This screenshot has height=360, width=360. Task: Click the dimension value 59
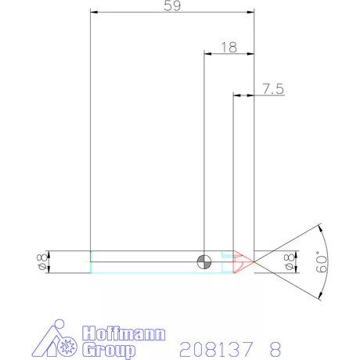[173, 6]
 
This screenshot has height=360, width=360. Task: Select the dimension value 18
[229, 47]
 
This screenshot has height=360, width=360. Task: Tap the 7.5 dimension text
[272, 89]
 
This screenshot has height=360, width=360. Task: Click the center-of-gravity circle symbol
[205, 261]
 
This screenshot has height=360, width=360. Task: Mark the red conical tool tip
[243, 262]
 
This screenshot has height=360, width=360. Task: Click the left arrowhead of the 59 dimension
[93, 12]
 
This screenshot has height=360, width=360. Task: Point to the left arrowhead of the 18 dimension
[207, 53]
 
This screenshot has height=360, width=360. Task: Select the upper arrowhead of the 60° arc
[320, 229]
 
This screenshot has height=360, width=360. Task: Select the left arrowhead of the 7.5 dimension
[237, 95]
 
